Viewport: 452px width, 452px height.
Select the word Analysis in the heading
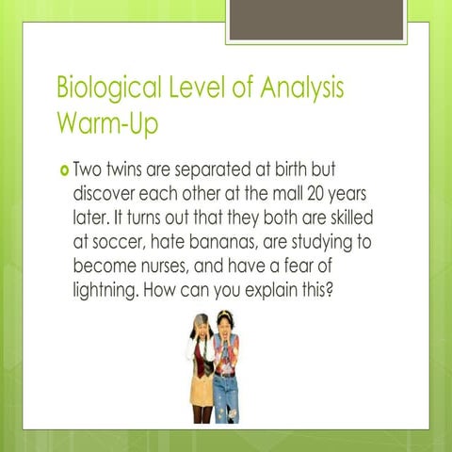pyautogui.click(x=299, y=89)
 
